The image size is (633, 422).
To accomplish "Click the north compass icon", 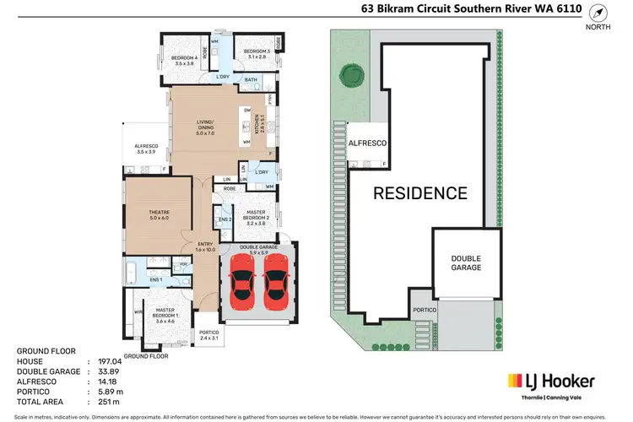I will (x=598, y=14).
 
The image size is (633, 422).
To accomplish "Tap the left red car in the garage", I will (x=242, y=279).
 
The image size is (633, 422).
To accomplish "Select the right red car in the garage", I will (x=276, y=279).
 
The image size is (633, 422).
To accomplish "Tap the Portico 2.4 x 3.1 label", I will (x=208, y=334).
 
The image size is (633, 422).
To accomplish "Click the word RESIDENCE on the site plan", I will (x=420, y=192).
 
